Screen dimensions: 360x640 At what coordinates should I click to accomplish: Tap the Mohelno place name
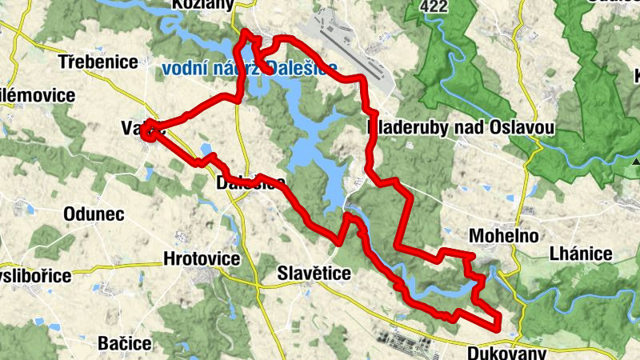tap(504, 237)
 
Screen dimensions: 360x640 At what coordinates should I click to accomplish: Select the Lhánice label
tap(581, 254)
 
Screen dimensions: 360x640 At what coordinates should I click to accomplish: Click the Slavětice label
tap(314, 274)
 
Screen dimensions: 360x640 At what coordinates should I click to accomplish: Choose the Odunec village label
tap(93, 214)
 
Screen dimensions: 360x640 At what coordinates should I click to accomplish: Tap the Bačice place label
tap(124, 343)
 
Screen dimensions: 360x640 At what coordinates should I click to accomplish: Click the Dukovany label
tap(506, 353)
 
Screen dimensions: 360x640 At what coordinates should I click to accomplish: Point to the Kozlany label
tap(202, 5)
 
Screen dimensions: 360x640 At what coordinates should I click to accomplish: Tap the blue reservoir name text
tap(249, 68)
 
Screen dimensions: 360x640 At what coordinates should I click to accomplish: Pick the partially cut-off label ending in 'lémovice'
tap(38, 96)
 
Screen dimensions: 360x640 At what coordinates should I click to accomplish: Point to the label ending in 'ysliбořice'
tap(35, 275)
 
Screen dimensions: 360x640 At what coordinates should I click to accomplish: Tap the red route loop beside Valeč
tap(148, 132)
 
